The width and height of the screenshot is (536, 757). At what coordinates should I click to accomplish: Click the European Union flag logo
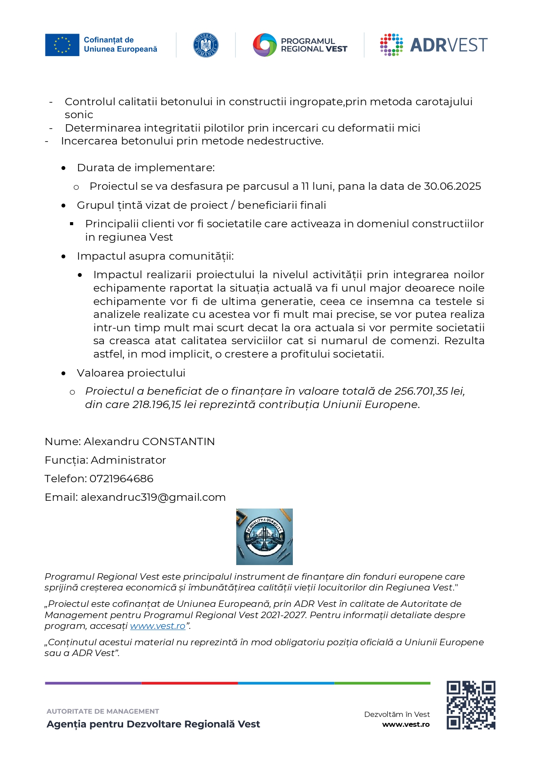pos(62,45)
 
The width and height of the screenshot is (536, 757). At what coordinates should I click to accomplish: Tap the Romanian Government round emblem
pos(206,45)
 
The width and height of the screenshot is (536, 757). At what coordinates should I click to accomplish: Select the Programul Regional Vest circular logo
pos(264,45)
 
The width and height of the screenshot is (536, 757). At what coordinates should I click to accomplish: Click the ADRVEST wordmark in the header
pos(448,45)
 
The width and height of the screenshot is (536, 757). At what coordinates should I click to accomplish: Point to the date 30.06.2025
pos(452,186)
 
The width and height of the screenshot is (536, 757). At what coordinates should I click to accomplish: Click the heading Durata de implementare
pos(146,168)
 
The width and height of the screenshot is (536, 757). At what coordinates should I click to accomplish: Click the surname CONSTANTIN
pos(178,442)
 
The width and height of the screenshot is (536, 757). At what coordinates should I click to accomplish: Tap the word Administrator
pos(128,460)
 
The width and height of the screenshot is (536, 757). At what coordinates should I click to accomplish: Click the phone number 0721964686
pos(121,479)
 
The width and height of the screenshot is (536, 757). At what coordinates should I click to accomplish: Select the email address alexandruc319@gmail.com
pos(153,497)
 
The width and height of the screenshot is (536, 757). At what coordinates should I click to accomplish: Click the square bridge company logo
pos(264,537)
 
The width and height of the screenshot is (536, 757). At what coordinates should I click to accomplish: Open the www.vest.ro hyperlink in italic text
pos(158,626)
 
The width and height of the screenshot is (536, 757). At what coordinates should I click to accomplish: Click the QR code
pos(471,705)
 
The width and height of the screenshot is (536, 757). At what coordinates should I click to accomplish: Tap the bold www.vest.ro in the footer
pos(406,724)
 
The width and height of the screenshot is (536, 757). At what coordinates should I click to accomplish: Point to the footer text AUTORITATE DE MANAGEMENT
pos(103,711)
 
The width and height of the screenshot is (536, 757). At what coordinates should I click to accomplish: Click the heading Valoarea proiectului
pos(131,373)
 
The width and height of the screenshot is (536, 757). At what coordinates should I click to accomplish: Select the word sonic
pos(79,115)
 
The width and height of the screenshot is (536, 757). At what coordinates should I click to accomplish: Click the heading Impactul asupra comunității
pos(155,256)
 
